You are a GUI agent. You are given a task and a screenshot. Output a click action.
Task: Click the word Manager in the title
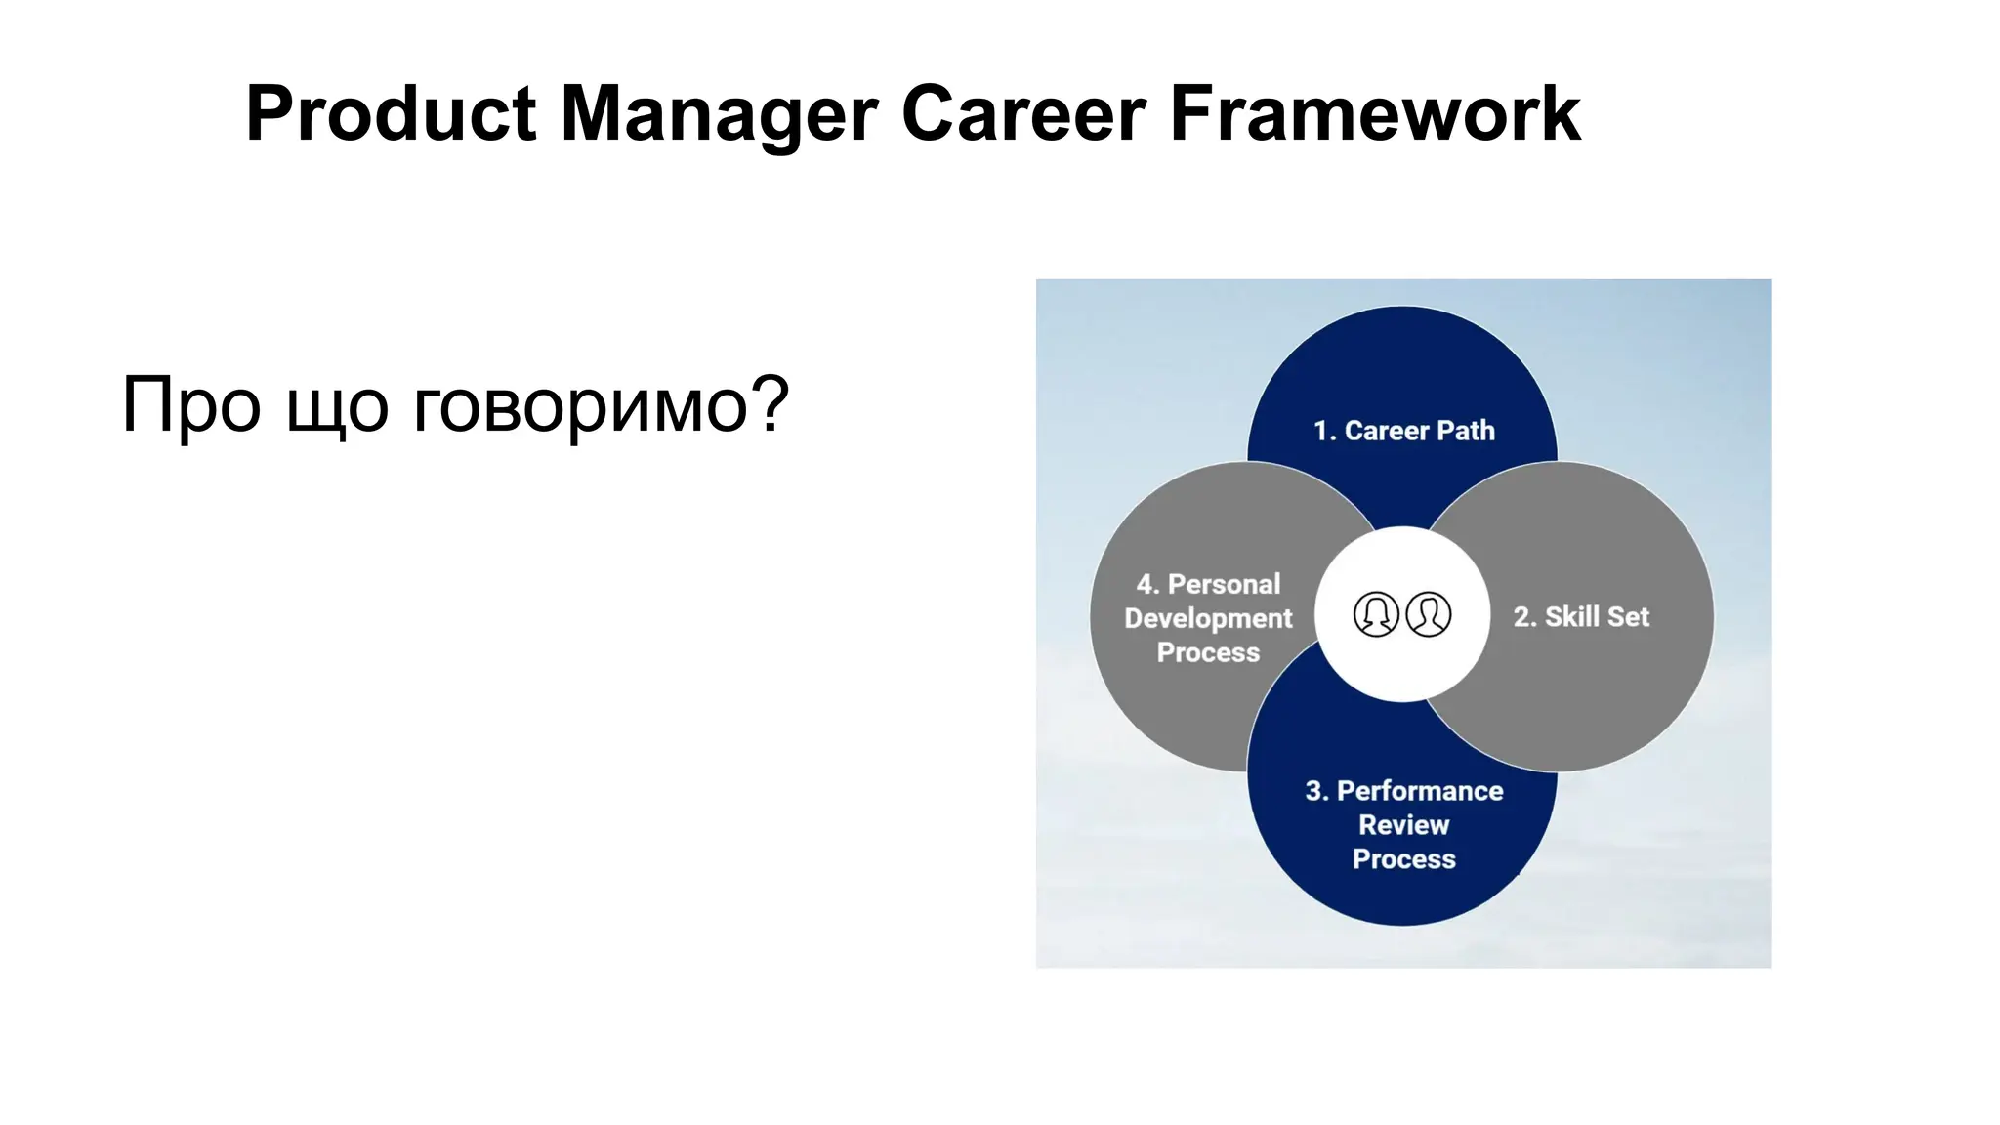pos(719,114)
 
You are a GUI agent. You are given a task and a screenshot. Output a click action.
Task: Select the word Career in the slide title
pos(1022,114)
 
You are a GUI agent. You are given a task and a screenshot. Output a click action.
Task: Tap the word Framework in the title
pos(1374,114)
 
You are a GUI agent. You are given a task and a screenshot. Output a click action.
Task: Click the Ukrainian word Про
pos(190,405)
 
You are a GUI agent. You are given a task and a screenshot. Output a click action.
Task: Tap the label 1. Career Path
pos(1403,431)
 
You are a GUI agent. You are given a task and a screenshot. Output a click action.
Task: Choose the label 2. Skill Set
pos(1581,617)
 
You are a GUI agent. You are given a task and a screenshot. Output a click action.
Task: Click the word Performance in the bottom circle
pos(1419,791)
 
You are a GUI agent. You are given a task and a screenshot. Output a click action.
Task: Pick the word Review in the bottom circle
pos(1403,825)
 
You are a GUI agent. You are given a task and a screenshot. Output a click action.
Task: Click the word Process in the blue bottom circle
pos(1403,859)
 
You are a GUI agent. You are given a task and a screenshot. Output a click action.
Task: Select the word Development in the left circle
pos(1208,619)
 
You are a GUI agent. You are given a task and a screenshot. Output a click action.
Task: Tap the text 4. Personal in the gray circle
pos(1208,584)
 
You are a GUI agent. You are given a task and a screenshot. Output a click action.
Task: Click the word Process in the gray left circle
pos(1208,652)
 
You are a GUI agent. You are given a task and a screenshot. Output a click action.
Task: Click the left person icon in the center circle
pos(1376,614)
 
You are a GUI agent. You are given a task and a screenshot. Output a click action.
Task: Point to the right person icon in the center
pos(1429,614)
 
